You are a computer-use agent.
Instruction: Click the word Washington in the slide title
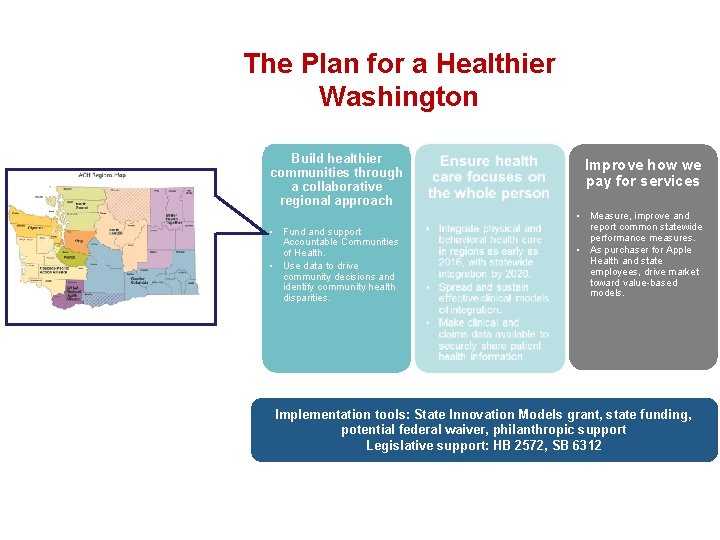click(398, 97)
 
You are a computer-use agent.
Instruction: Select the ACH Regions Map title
click(102, 176)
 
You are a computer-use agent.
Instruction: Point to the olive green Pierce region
click(70, 257)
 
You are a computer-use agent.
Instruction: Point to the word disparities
click(306, 298)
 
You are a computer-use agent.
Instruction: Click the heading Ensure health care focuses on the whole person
click(488, 177)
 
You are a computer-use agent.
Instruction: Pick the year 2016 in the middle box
click(453, 263)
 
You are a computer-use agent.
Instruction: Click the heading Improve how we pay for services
click(642, 173)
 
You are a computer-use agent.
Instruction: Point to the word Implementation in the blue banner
click(322, 414)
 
